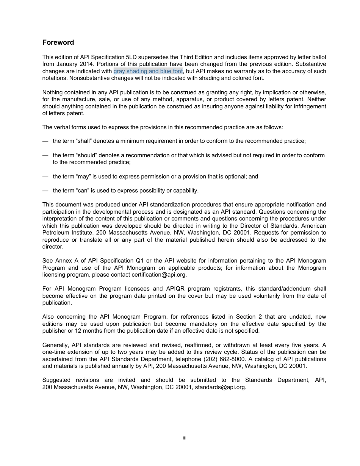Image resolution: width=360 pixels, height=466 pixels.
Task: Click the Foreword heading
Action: (58, 42)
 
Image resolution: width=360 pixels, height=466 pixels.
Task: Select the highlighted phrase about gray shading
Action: (148, 71)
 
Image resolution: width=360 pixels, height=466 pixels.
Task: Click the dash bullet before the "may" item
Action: (45, 177)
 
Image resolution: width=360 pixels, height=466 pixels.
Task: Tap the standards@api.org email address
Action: (220, 387)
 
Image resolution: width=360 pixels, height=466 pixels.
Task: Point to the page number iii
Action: (184, 438)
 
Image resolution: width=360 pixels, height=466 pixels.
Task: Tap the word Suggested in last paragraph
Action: (56, 380)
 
